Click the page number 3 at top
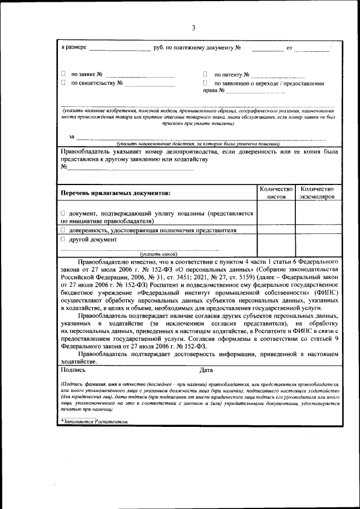[x=193, y=28]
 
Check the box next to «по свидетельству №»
[x=63, y=83]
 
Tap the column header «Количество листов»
[x=276, y=193]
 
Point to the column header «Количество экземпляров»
[x=317, y=193]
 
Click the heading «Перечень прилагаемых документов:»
[x=116, y=193]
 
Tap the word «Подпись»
[x=73, y=370]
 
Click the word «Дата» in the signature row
[x=206, y=370]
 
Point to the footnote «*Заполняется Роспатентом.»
[x=95, y=421]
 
